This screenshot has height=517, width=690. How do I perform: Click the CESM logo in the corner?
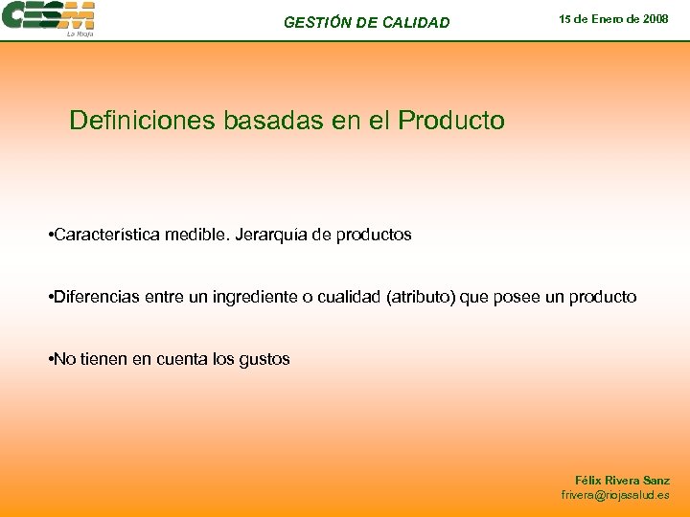coord(48,18)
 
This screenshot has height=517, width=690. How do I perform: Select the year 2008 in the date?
coord(655,18)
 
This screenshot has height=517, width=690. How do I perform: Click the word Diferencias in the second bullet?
coord(98,297)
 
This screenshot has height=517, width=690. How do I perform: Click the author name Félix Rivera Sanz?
coord(622,480)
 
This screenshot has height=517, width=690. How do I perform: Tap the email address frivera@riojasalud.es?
coord(615,495)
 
